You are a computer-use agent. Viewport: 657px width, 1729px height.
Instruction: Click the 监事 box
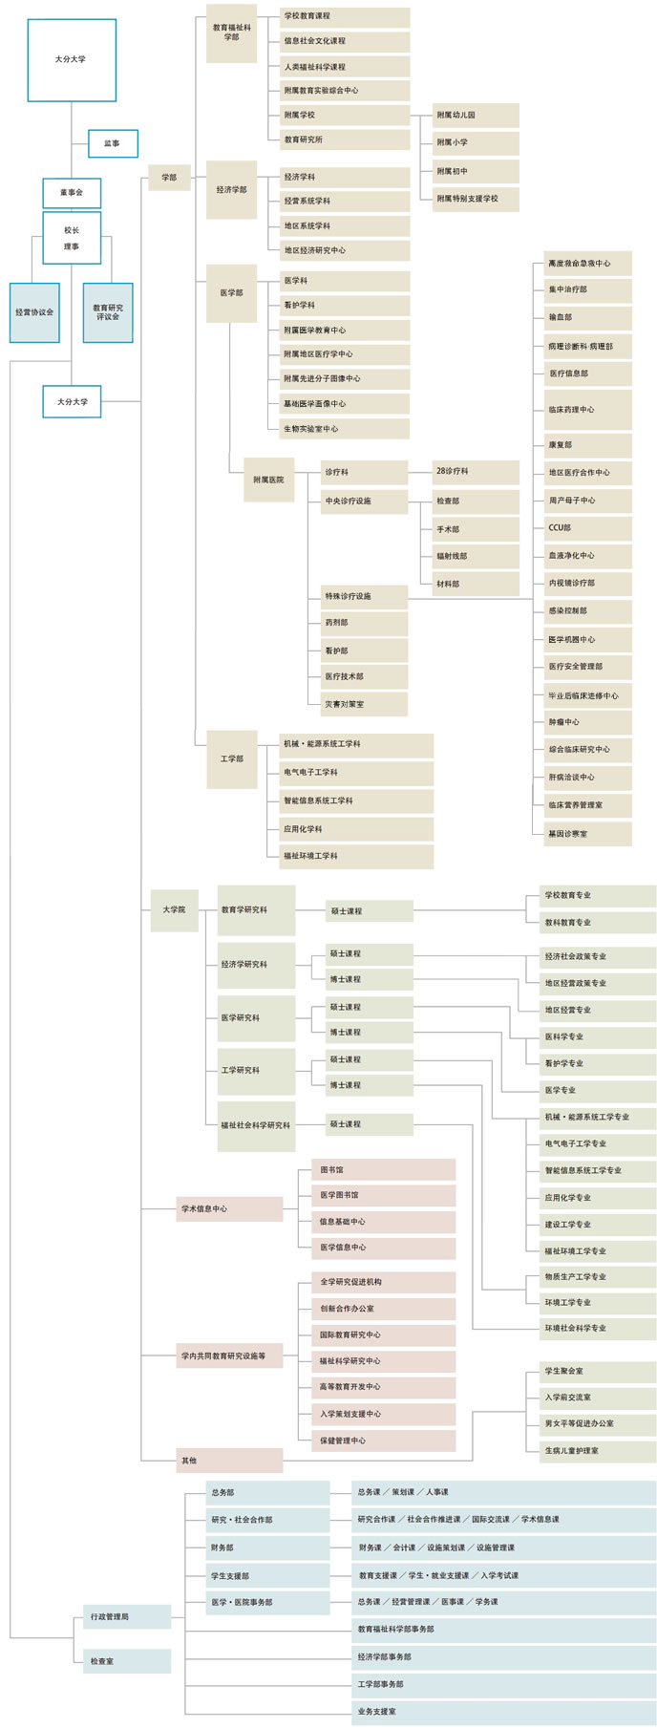pos(113,143)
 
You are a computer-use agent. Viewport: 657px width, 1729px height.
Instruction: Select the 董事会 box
pos(72,193)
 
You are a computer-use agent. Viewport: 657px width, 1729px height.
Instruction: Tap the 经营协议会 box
pos(34,312)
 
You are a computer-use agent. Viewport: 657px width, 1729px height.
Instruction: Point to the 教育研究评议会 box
pos(108,312)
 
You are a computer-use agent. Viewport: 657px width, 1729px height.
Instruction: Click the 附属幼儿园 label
pos(476,116)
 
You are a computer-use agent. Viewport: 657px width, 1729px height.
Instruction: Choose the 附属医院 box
pos(268,480)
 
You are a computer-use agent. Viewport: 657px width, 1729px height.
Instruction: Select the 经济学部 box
pos(231,189)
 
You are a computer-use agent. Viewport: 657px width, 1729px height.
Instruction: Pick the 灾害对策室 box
pos(365,704)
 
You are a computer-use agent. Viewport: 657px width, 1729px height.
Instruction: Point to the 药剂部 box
pos(365,623)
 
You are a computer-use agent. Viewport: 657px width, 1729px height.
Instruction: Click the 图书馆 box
pos(383,1169)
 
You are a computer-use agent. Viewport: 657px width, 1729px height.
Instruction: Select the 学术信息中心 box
pos(229,1208)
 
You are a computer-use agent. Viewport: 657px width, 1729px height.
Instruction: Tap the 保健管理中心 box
pos(383,1440)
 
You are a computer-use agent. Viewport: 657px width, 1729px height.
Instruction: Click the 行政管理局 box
pos(125,1616)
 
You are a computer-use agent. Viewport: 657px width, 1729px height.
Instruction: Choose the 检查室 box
pos(125,1661)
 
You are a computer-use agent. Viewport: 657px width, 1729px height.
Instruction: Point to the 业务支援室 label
pos(377,1711)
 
